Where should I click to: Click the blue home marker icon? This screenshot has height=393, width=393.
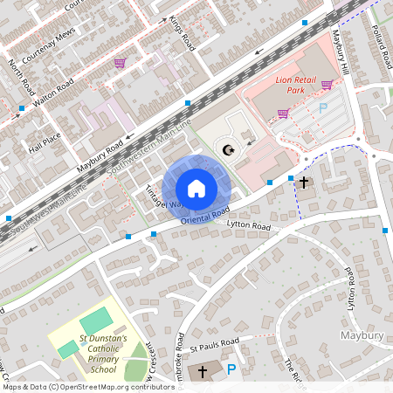pyautogui.click(x=196, y=189)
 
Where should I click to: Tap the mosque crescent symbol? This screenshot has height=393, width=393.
pyautogui.click(x=229, y=149)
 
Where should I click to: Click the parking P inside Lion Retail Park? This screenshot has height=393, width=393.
pyautogui.click(x=322, y=107)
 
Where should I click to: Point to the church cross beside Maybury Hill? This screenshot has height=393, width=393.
pyautogui.click(x=304, y=183)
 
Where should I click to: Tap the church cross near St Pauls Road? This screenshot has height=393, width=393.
pyautogui.click(x=203, y=372)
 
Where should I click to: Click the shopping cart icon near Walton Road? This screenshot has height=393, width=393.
pyautogui.click(x=120, y=63)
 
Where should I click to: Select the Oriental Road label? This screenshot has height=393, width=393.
pyautogui.click(x=205, y=216)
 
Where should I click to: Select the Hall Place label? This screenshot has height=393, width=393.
pyautogui.click(x=45, y=142)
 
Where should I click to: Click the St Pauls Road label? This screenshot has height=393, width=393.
pyautogui.click(x=219, y=341)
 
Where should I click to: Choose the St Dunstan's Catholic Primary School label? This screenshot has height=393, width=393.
pyautogui.click(x=102, y=353)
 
